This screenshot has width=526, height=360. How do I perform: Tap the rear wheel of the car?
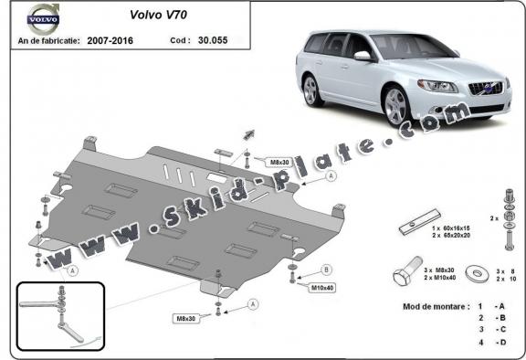(311, 90)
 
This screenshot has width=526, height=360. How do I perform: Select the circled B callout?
(326, 270)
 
